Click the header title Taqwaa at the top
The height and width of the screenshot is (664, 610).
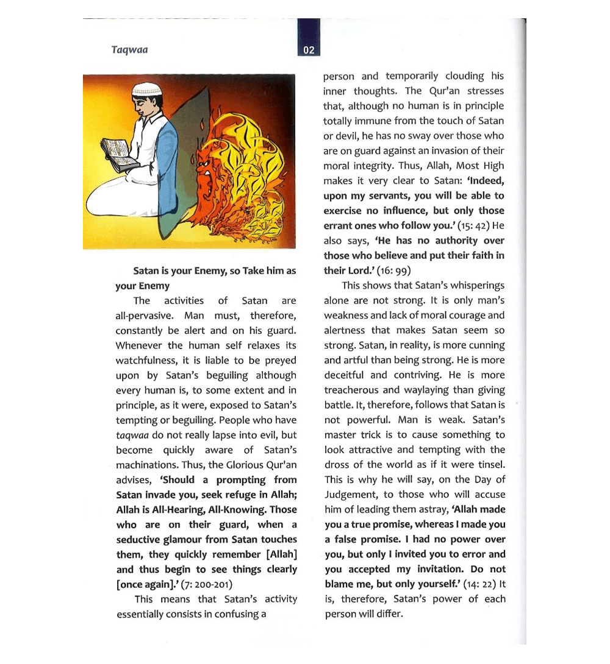(129, 49)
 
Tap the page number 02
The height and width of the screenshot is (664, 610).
(309, 50)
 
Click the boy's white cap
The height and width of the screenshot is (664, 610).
(147, 89)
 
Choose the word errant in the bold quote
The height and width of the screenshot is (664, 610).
(339, 225)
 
